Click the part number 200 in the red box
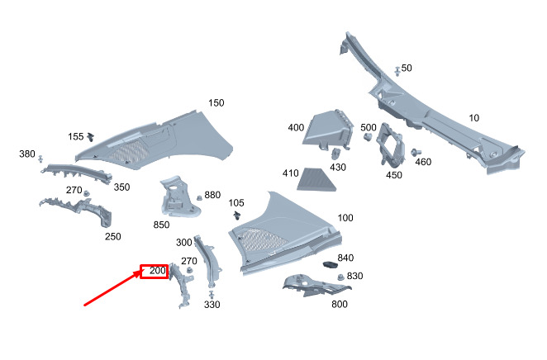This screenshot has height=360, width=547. click(158, 271)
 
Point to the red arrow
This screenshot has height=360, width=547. click(114, 287)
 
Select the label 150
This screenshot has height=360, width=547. click(216, 103)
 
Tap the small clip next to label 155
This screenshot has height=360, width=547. click(91, 136)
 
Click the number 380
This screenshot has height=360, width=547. click(27, 154)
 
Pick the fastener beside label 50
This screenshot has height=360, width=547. click(397, 71)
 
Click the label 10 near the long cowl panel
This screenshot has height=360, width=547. click(473, 118)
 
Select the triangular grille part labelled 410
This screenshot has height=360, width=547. click(316, 180)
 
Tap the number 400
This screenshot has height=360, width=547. click(296, 127)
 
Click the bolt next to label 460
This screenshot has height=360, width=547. click(416, 152)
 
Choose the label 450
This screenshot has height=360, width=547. click(394, 175)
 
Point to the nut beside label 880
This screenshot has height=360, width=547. click(199, 197)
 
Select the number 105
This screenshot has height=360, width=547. click(236, 203)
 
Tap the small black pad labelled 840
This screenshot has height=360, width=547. click(330, 265)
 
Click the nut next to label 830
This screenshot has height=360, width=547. click(340, 277)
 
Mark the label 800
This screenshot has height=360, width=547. click(340, 304)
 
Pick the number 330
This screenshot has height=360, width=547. click(212, 305)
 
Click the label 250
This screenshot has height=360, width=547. click(113, 237)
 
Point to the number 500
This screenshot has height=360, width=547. click(369, 127)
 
